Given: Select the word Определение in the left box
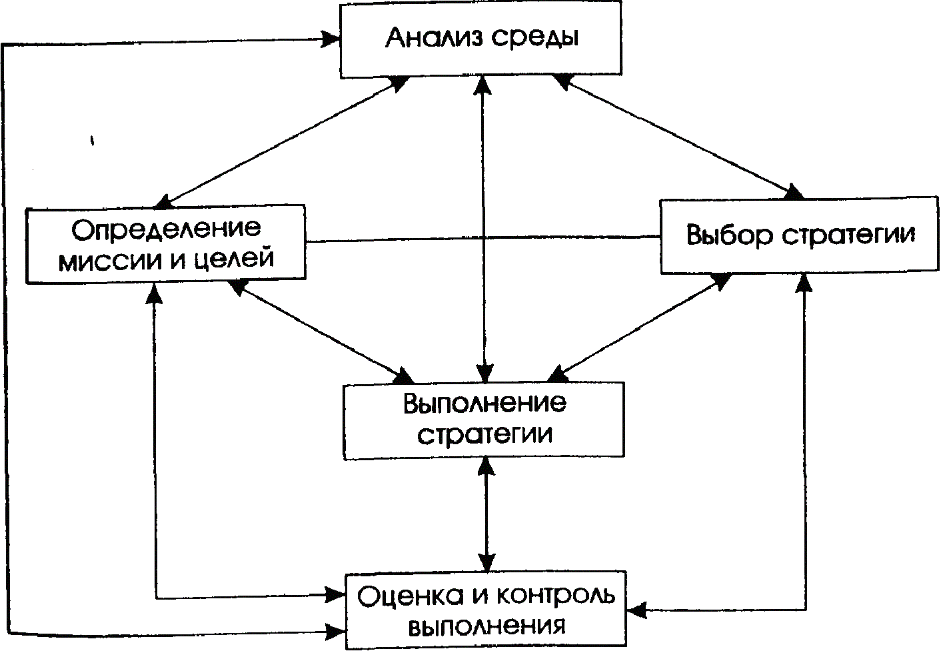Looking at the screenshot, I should [x=166, y=229].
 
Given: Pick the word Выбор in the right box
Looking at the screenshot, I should [x=728, y=235].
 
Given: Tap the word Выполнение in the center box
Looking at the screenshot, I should [x=484, y=404].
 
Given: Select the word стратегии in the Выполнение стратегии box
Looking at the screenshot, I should [x=484, y=435].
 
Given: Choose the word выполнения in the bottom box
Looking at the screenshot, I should [x=486, y=626].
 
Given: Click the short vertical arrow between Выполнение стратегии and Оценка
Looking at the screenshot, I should [x=486, y=514].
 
